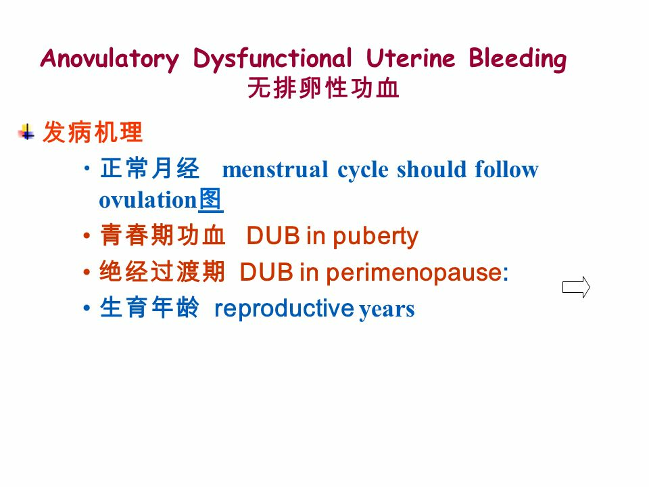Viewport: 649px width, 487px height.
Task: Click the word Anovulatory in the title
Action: coord(110,60)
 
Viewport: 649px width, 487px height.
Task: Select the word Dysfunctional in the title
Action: coord(272,60)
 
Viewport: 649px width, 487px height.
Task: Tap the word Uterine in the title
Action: coord(411,60)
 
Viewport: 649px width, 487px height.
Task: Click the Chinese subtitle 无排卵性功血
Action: coord(324,89)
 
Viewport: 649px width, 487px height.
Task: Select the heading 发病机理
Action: coord(93,133)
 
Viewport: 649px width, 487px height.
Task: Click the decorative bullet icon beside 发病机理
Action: coord(27,132)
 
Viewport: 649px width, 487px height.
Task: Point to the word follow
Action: coord(506,169)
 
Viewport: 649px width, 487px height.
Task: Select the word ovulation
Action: coord(147,201)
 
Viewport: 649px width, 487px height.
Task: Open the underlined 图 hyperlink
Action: coord(211,200)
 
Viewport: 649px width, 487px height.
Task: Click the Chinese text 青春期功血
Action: coord(162,236)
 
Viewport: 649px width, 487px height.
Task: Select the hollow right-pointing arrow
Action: coord(577,287)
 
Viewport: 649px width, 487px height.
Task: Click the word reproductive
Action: coord(284,308)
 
